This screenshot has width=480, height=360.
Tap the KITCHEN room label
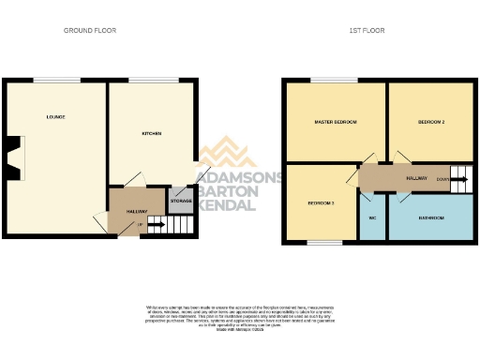coord(151,134)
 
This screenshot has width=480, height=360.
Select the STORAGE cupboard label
coord(180,200)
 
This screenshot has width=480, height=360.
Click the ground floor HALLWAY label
coord(124,212)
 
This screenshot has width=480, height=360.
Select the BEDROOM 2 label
coord(430,123)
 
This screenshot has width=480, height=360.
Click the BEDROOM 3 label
coord(320,203)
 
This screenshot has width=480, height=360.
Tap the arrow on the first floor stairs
coord(458,176)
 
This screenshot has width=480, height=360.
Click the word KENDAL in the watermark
coord(226,204)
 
